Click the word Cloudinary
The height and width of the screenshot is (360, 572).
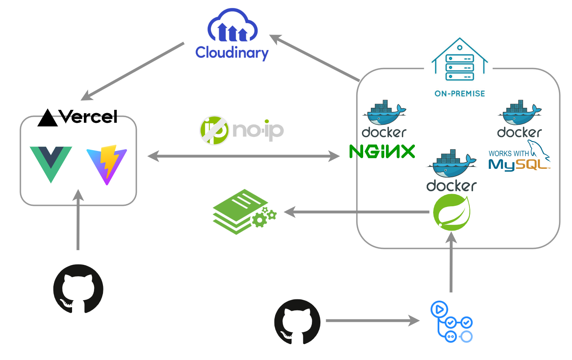pos(232,53)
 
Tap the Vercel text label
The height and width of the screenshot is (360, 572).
pos(88,117)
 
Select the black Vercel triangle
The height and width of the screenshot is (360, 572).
pos(47,118)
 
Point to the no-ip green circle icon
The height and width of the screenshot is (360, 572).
pos(215,130)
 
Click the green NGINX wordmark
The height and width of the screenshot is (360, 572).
pos(382,152)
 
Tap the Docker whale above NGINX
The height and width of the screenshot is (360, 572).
pos(384,113)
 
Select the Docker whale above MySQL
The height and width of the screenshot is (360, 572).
pos(520,113)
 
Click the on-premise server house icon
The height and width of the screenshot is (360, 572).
pos(460,61)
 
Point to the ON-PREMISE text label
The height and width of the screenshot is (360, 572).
pos(460,94)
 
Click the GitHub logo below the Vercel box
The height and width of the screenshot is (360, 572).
pos(78,289)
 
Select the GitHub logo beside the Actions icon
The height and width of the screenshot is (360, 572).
pos(297,321)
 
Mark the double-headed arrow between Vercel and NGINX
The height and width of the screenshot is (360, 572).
pos(243,156)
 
